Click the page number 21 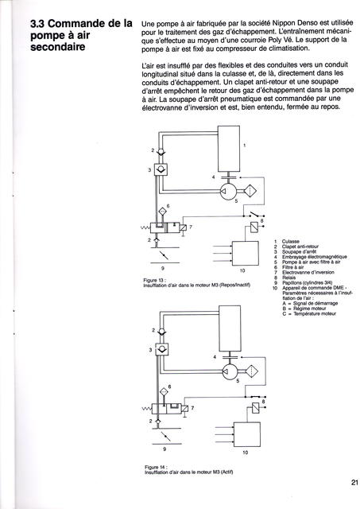[x=354, y=482]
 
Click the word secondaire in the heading [x=58, y=47]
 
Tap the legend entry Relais [x=289, y=278]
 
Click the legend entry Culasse [x=291, y=241]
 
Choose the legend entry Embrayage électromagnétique [x=314, y=257]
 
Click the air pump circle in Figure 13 [x=228, y=191]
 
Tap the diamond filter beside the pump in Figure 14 [x=252, y=371]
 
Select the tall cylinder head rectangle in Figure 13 [x=229, y=149]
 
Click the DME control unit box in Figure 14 [x=247, y=434]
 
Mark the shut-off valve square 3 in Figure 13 [x=161, y=169]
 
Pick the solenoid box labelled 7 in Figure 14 [x=184, y=409]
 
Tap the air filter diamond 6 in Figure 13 [x=162, y=212]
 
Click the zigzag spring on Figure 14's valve [x=147, y=409]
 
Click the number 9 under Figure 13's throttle [x=163, y=269]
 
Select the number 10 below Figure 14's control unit [x=246, y=453]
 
